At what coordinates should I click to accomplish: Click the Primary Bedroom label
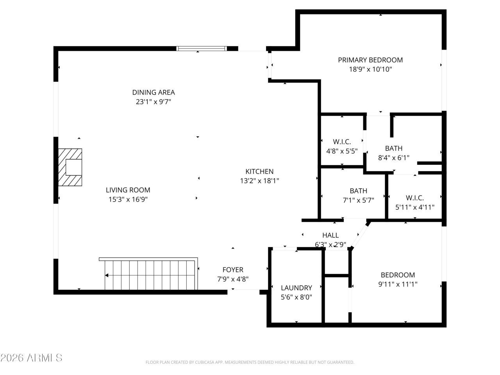pyautogui.click(x=370, y=60)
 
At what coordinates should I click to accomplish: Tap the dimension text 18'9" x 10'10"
pyautogui.click(x=370, y=70)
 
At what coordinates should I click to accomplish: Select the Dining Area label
pyautogui.click(x=153, y=92)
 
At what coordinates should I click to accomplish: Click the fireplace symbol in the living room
pyautogui.click(x=71, y=167)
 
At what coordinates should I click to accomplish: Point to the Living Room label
pyautogui.click(x=128, y=190)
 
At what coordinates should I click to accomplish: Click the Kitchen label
pyautogui.click(x=259, y=171)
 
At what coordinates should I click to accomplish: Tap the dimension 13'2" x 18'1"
pyautogui.click(x=259, y=181)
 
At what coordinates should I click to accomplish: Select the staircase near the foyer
pyautogui.click(x=150, y=275)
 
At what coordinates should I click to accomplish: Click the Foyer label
pyautogui.click(x=232, y=270)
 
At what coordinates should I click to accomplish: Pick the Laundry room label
pyautogui.click(x=296, y=288)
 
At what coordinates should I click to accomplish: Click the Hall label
pyautogui.click(x=330, y=235)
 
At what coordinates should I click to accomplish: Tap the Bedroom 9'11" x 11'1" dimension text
pyautogui.click(x=398, y=284)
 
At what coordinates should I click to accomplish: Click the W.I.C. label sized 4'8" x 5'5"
pyautogui.click(x=342, y=142)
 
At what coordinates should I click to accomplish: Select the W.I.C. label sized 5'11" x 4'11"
pyautogui.click(x=414, y=198)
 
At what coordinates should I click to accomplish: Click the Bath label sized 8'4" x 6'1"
pyautogui.click(x=393, y=148)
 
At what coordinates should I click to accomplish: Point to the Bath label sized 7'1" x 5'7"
pyautogui.click(x=358, y=191)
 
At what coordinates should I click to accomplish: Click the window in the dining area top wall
pyautogui.click(x=202, y=48)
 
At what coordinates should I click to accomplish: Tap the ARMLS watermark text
pyautogui.click(x=31, y=357)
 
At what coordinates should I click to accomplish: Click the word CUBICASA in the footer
pyautogui.click(x=201, y=362)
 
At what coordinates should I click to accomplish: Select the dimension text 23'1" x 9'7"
pyautogui.click(x=153, y=102)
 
